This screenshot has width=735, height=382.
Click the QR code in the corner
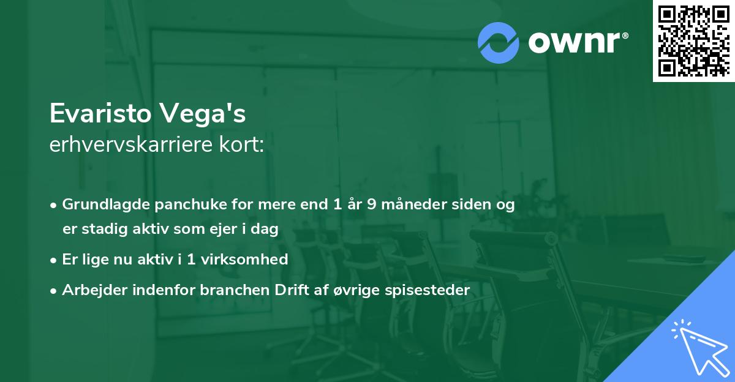tap(693, 40)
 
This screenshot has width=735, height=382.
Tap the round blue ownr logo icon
tap(499, 42)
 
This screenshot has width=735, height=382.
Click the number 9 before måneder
tap(372, 204)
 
